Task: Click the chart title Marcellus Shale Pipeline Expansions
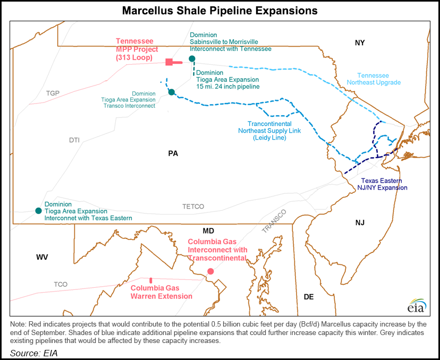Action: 219,10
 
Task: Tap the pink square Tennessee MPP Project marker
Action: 169,62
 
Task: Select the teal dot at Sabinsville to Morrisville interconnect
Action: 192,58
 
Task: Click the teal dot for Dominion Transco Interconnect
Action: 171,92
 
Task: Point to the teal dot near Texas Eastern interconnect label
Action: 38,211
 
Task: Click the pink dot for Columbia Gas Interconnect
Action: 210,271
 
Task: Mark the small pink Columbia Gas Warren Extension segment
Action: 151,280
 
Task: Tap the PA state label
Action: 173,153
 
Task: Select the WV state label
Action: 42,257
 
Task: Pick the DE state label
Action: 308,296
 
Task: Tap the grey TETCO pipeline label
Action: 193,206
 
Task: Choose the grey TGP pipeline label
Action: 53,93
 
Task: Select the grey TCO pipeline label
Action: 61,285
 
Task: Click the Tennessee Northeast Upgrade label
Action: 378,79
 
